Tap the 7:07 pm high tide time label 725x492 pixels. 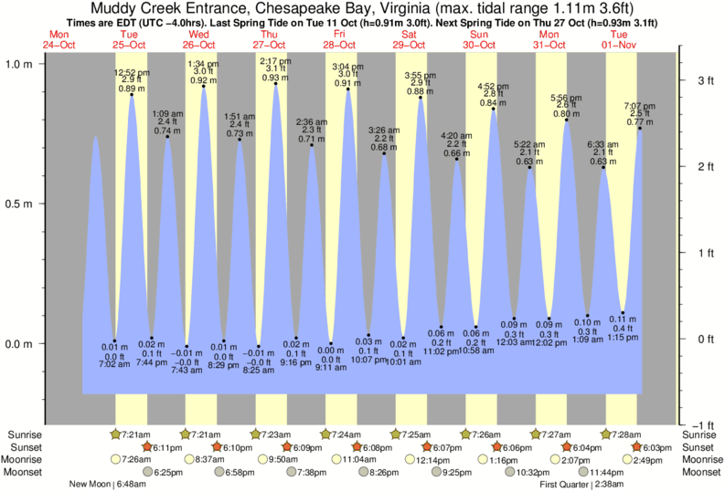pos(638,105)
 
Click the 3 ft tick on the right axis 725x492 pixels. pos(704,80)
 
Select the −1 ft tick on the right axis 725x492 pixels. pos(702,425)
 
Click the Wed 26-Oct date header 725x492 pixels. pos(199,39)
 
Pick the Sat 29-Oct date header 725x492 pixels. pos(410,39)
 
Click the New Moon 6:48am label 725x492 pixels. pos(108,485)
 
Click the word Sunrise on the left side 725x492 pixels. pos(23,434)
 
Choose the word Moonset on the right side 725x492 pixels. pos(702,473)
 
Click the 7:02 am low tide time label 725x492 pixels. pos(114,364)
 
